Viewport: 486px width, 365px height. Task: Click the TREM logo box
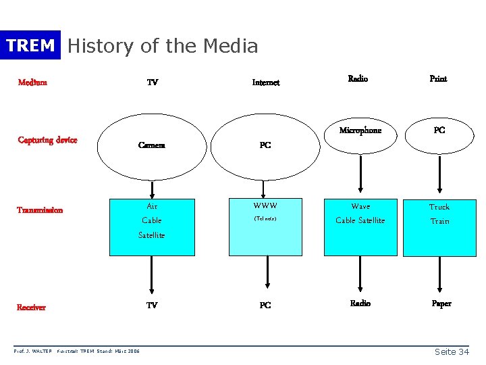(x=30, y=45)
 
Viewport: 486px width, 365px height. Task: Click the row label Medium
(x=32, y=82)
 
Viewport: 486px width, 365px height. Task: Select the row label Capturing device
(x=47, y=140)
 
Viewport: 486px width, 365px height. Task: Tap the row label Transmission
(x=40, y=210)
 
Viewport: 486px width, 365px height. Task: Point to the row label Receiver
(x=32, y=307)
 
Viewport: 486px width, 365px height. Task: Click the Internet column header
(x=266, y=82)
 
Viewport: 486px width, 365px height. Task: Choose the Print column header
(x=438, y=78)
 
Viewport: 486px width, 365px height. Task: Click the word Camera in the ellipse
(x=151, y=145)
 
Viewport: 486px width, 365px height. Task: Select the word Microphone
(x=360, y=130)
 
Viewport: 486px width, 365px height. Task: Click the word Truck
(x=439, y=207)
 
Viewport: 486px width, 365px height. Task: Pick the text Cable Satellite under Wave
(x=360, y=220)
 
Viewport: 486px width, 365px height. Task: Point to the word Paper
(x=441, y=303)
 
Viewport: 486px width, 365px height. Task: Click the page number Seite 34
(x=452, y=352)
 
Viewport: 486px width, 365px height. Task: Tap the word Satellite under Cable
(x=151, y=235)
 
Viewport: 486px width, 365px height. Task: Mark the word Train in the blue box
(x=439, y=221)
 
